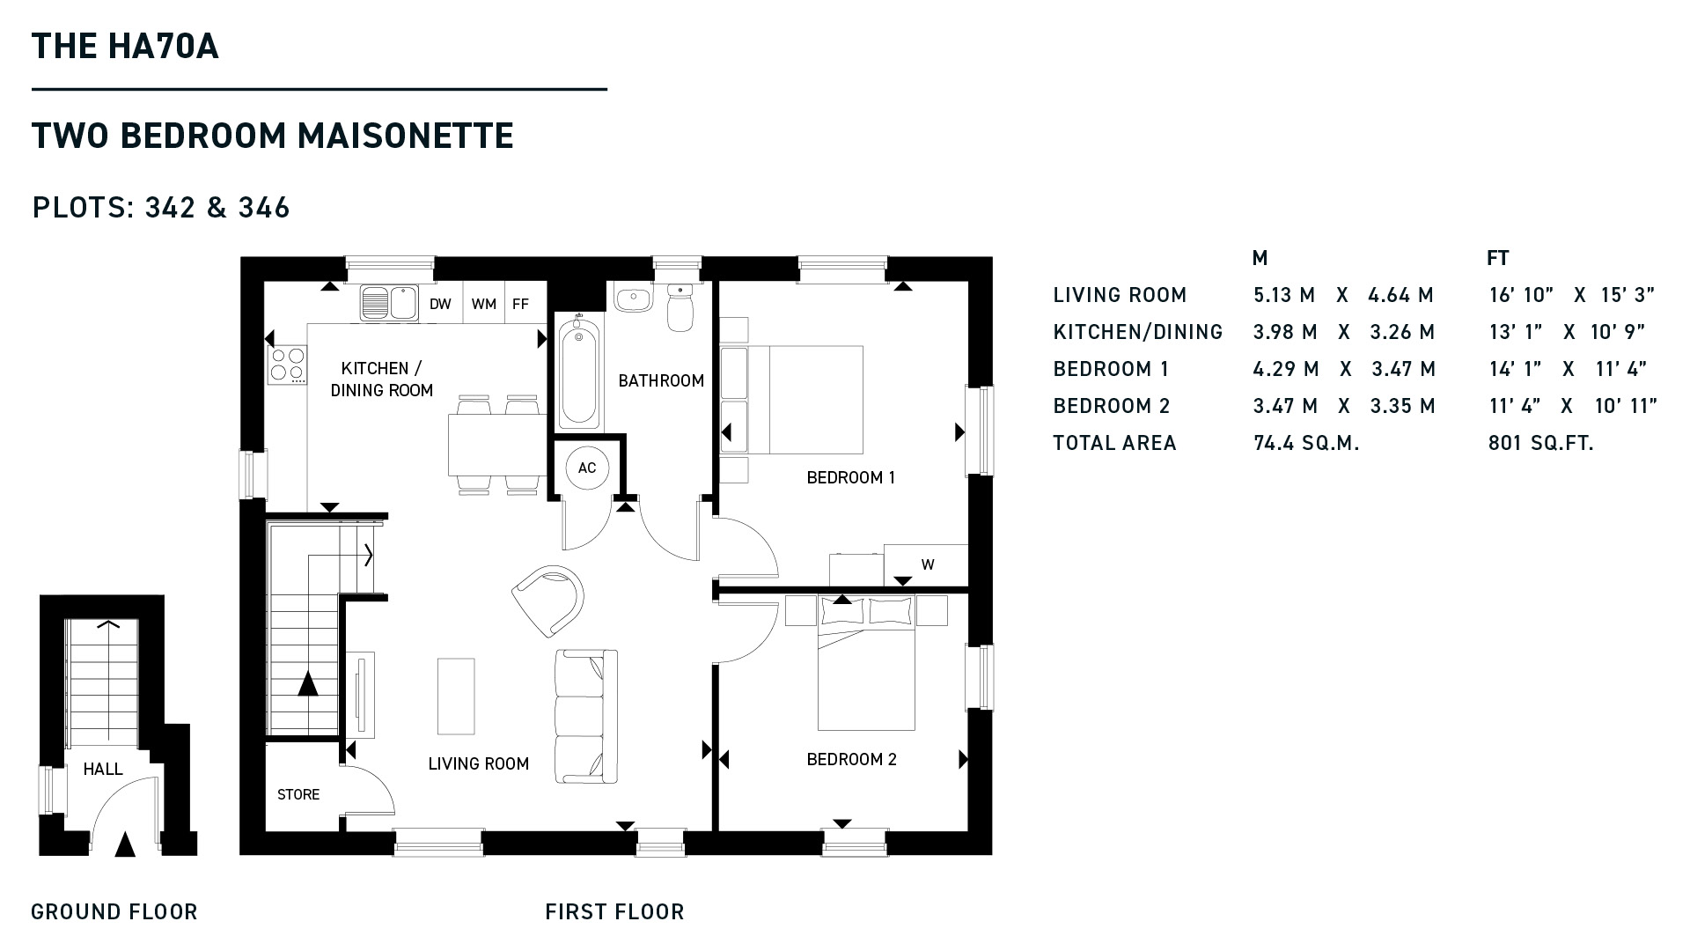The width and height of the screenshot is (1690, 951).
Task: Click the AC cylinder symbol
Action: [587, 468]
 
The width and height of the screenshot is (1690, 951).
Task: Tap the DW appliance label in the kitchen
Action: [440, 304]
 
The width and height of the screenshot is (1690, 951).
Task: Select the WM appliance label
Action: [484, 304]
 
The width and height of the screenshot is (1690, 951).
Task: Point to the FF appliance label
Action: [520, 304]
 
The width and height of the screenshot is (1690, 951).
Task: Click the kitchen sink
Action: [390, 303]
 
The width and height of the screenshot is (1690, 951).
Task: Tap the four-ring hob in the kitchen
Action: [288, 365]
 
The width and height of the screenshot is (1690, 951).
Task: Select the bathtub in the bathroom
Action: [579, 372]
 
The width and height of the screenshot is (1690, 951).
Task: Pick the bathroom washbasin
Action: [633, 299]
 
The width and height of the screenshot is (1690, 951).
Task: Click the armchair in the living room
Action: [549, 599]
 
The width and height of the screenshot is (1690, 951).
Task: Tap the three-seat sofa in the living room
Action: [586, 717]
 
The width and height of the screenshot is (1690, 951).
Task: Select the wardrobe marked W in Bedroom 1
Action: [926, 565]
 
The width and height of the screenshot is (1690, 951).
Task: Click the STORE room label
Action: [298, 794]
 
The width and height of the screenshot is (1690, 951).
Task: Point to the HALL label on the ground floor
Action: [103, 769]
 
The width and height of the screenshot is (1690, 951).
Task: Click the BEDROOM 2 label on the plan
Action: [851, 759]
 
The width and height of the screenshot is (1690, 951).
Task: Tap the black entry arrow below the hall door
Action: [126, 844]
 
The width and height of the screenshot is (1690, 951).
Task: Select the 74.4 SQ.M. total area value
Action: [1306, 443]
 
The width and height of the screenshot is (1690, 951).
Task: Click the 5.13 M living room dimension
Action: [1285, 295]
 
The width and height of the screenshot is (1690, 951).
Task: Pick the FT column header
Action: [1498, 258]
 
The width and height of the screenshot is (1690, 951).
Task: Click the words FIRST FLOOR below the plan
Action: [614, 912]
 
